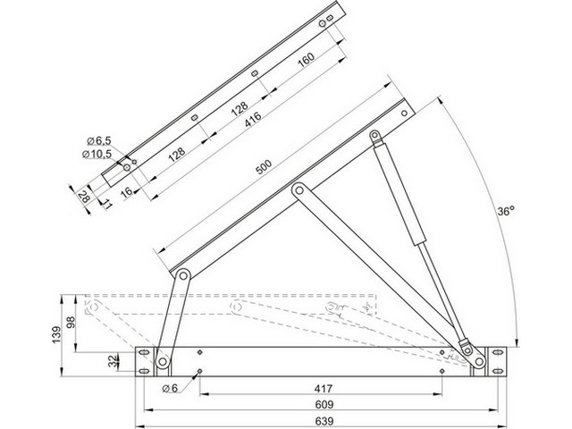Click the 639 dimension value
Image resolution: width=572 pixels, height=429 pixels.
coord(324,421)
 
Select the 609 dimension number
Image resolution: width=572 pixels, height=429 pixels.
coord(324,405)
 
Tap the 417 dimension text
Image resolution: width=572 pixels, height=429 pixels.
coord(324,389)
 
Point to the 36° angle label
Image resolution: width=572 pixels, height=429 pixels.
coord(506,211)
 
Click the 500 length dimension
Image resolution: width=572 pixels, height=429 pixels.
coord(264,167)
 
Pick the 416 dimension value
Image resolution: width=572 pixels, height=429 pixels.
coord(253,119)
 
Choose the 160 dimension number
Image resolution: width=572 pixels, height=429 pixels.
coord(306,60)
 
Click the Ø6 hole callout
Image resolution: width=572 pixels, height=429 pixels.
coord(170,389)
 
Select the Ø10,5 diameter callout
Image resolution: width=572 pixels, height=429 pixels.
coord(97,154)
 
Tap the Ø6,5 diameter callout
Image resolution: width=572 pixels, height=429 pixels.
coord(99,140)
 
